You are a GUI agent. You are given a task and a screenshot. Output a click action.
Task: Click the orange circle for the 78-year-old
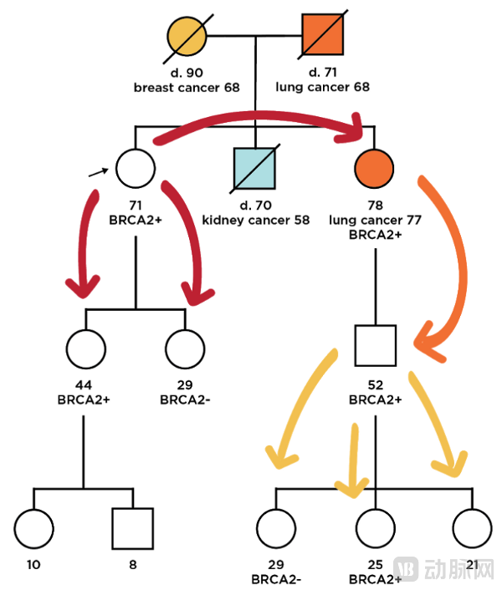[374, 167]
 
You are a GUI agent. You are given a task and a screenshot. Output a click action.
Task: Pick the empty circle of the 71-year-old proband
[136, 167]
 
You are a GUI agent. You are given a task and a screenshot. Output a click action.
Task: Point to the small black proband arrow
[99, 171]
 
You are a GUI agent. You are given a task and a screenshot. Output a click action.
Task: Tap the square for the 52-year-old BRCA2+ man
[375, 345]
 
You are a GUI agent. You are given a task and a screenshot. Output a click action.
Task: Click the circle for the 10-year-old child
[34, 528]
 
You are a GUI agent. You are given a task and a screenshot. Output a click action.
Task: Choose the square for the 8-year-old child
[132, 528]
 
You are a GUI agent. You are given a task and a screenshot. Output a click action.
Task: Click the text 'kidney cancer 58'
[255, 220]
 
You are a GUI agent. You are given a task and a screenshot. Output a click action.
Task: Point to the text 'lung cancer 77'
[374, 220]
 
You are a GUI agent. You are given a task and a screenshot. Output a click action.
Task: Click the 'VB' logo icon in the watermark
[407, 567]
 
